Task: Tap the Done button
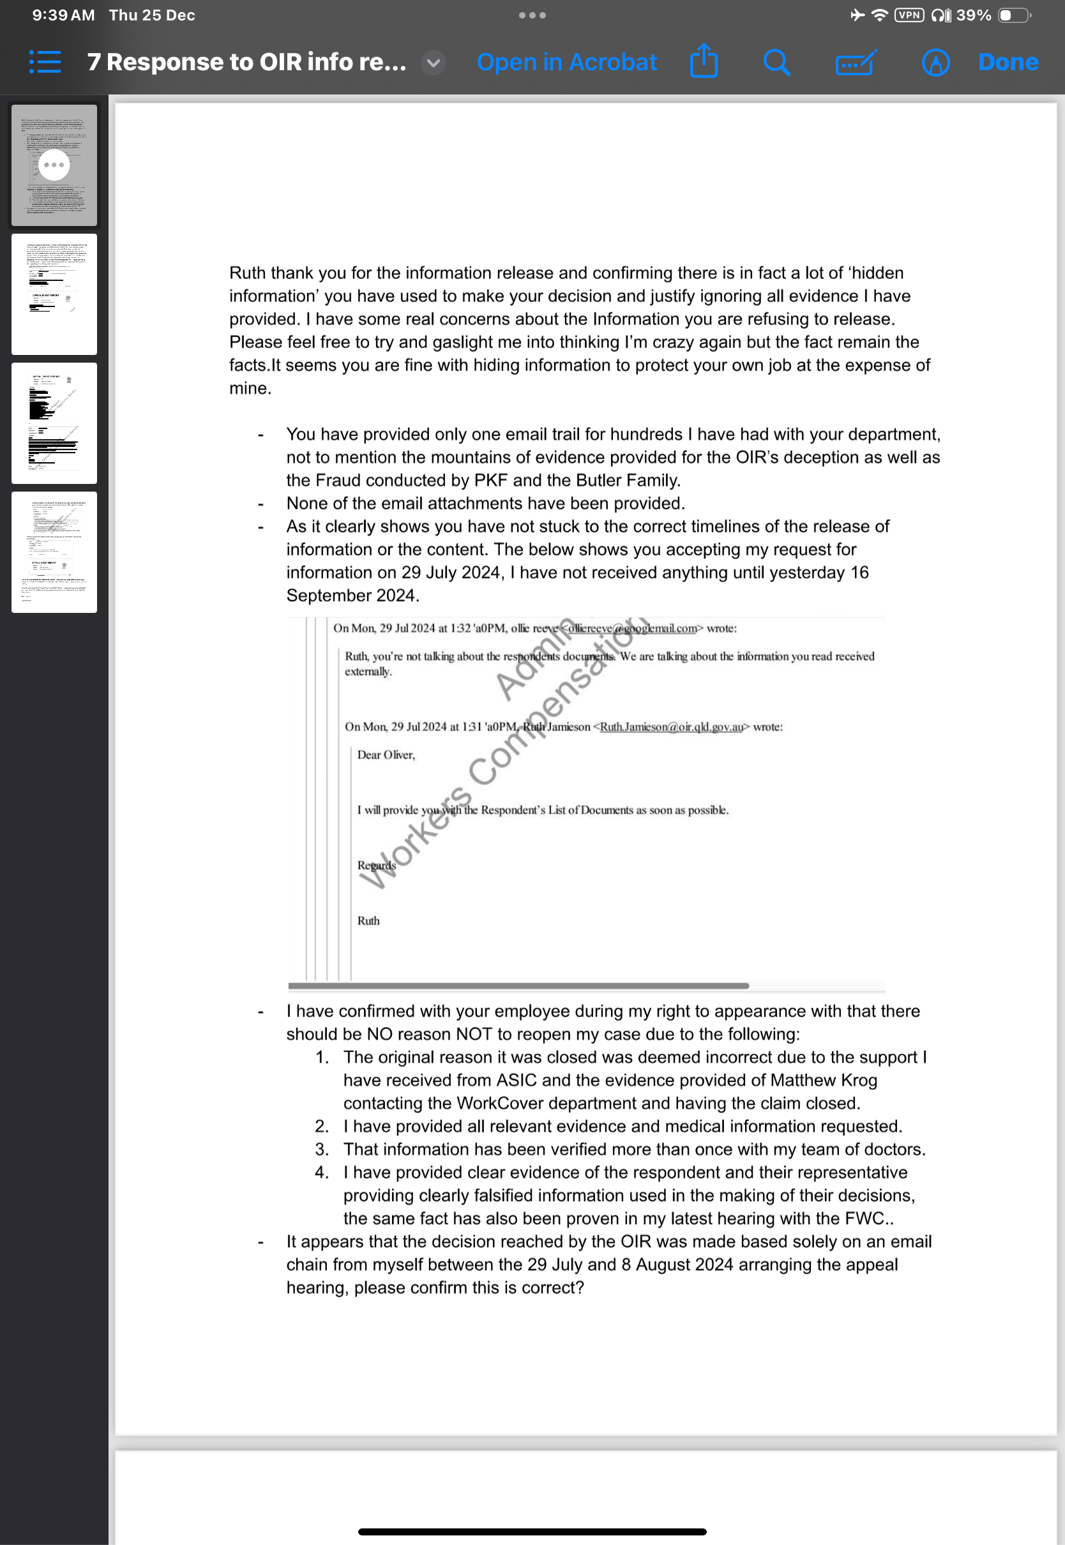coord(1008,62)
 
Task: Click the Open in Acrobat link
coord(566,62)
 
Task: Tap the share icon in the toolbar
coord(704,61)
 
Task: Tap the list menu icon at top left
coord(45,62)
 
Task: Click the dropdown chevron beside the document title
coord(433,63)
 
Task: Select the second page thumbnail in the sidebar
coord(54,294)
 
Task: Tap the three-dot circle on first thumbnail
coord(54,165)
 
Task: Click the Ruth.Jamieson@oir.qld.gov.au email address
coord(670,727)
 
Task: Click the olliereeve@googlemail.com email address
coord(631,628)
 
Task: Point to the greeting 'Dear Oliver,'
coord(386,755)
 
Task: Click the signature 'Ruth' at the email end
coord(368,921)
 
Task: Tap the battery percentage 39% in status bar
coord(973,15)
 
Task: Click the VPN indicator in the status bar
coord(909,15)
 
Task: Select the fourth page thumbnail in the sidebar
coord(54,552)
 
